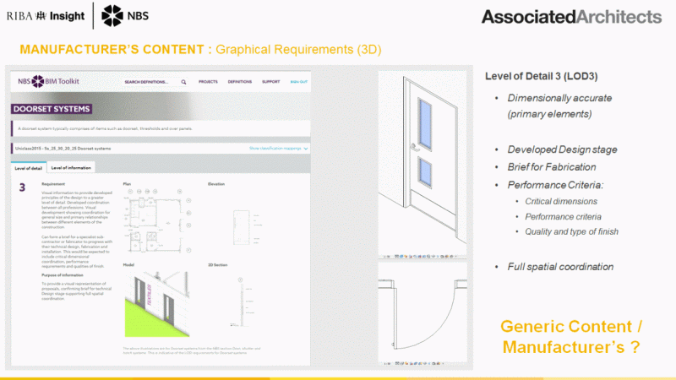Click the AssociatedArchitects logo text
(x=570, y=17)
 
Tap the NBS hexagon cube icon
(x=112, y=15)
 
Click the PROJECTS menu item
(x=209, y=82)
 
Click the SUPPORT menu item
(x=271, y=82)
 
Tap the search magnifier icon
(x=183, y=82)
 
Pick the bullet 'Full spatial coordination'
(x=560, y=267)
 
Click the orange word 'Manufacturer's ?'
(x=571, y=346)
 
